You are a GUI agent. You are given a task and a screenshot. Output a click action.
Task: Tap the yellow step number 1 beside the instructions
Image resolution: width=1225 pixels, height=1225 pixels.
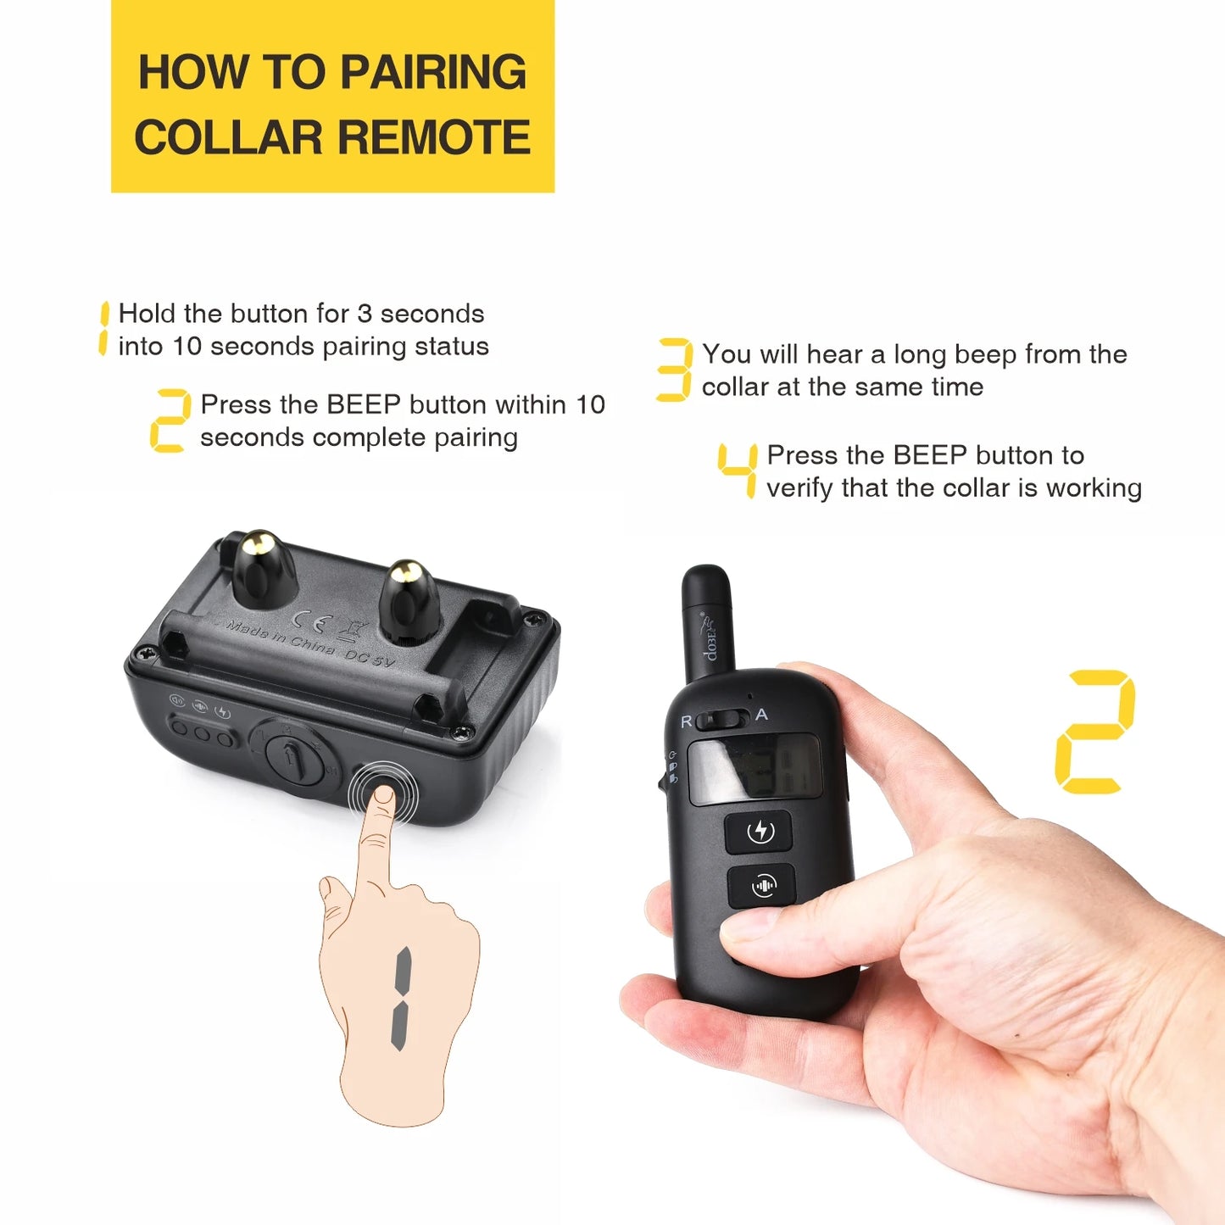103,329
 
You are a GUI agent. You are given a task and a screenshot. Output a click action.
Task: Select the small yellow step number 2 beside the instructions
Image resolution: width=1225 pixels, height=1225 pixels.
170,420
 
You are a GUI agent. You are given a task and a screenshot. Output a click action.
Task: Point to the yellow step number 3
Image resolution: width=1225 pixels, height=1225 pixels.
675,370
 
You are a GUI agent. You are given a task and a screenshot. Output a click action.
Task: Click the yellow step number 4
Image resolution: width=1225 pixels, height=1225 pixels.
738,470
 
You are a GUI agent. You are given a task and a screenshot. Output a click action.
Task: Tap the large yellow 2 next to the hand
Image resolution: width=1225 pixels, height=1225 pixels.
1094,732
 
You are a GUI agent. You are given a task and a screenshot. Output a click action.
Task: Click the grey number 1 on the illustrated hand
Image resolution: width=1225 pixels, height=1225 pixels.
401,998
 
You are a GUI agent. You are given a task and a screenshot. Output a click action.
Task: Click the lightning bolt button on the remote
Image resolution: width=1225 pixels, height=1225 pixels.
760,831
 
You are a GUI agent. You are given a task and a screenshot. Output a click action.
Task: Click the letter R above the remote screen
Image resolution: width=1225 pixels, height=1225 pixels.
687,721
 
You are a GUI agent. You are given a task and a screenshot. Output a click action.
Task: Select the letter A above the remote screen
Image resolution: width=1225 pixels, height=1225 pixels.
761,715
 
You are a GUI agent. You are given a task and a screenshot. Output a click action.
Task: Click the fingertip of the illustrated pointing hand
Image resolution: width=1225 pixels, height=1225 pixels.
383,797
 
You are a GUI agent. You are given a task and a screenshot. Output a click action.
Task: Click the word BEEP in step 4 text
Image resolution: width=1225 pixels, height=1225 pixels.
930,455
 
